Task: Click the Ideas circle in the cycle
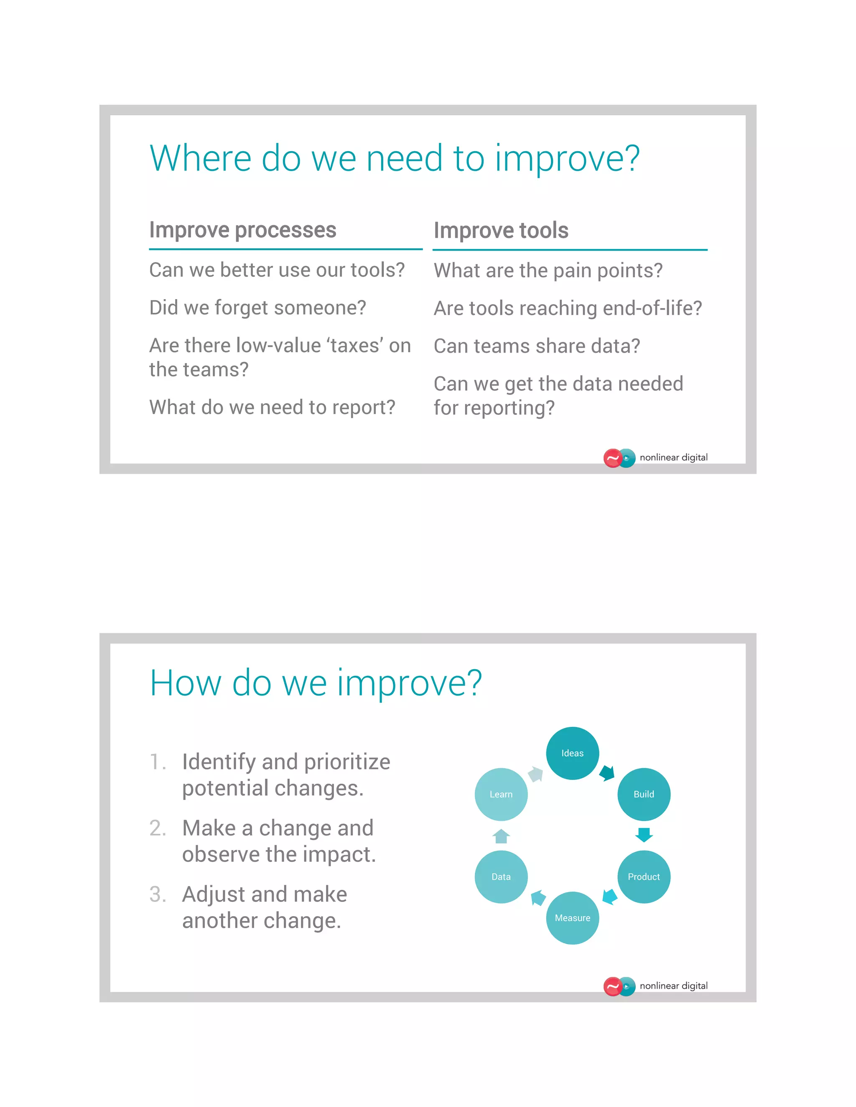(x=572, y=753)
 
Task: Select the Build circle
(x=644, y=794)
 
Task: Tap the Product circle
(x=644, y=876)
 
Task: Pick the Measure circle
(x=572, y=917)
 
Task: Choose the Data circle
(x=501, y=876)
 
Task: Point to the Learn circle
(x=501, y=794)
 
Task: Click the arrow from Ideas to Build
(x=607, y=773)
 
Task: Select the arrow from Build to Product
(x=644, y=834)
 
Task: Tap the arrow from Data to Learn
(x=501, y=836)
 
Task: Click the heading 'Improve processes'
(x=242, y=230)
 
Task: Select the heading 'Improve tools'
(x=501, y=230)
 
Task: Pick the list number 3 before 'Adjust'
(x=157, y=894)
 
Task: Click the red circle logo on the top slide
(x=612, y=458)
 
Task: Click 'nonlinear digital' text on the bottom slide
(x=673, y=985)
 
